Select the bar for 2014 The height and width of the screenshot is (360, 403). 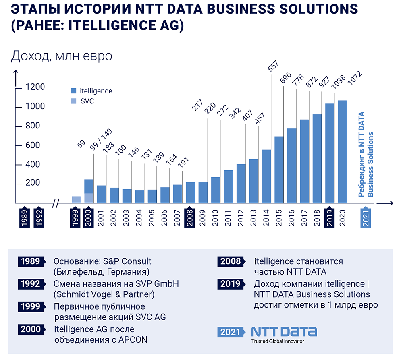[x=266, y=176]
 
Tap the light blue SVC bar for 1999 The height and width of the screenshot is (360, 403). [x=76, y=200]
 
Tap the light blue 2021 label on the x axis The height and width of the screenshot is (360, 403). [x=366, y=217]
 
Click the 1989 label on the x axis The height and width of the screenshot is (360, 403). [x=25, y=217]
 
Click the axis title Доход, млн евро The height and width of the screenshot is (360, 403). [x=61, y=56]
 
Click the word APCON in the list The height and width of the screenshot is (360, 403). [x=133, y=339]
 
